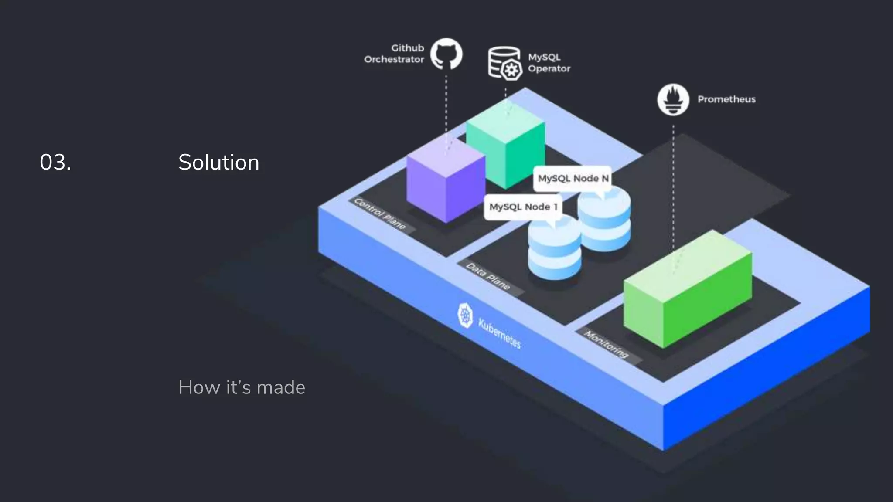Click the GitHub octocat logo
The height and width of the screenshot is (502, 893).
[x=446, y=54]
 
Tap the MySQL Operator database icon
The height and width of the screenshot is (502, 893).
[x=505, y=64]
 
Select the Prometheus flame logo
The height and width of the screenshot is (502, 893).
[x=673, y=100]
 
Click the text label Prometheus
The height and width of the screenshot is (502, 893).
[x=726, y=99]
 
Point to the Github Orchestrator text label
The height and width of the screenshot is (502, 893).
[x=394, y=54]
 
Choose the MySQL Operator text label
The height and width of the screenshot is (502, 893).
[x=549, y=63]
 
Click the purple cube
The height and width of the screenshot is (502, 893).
[x=446, y=183]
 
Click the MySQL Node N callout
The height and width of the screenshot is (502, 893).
[x=573, y=178]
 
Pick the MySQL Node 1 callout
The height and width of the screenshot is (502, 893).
[x=523, y=207]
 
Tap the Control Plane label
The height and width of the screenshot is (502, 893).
[x=380, y=214]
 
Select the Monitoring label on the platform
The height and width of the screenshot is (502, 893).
[x=607, y=344]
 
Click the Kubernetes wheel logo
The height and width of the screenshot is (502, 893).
[x=465, y=315]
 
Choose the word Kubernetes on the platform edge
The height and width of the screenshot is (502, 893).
[x=500, y=333]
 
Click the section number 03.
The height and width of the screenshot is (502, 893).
[x=55, y=163]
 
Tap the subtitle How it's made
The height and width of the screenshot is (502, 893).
[x=242, y=387]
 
